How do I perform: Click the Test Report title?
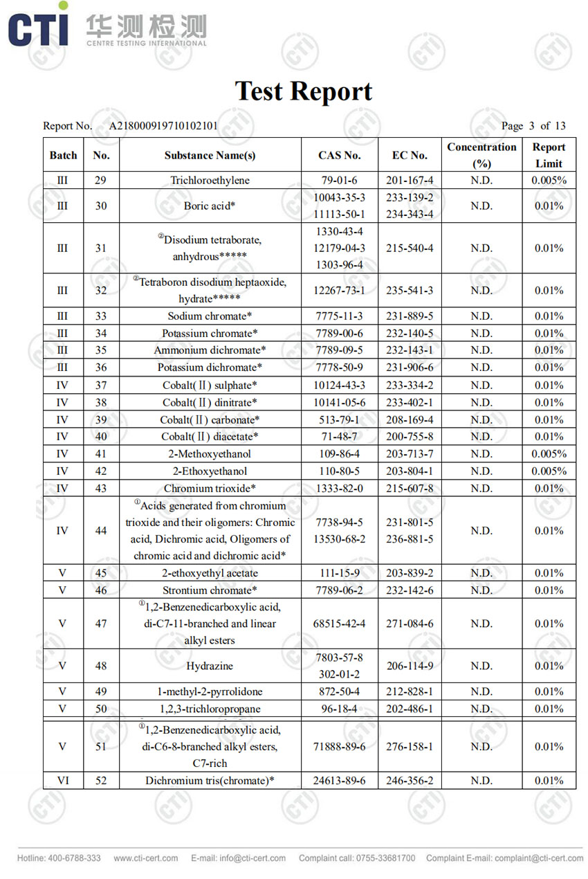tap(303, 91)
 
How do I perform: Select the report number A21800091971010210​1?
tap(163, 126)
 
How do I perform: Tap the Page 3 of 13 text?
tap(533, 126)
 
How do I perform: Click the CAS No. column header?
tap(339, 156)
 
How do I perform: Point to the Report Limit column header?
tap(549, 156)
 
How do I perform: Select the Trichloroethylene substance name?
tap(210, 181)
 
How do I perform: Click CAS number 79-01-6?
tap(339, 181)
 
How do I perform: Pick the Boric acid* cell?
tap(210, 206)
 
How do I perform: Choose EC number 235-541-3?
tap(410, 291)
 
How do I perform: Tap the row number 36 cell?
tap(101, 368)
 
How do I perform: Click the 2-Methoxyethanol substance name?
tap(210, 454)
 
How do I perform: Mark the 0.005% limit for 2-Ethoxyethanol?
tap(549, 471)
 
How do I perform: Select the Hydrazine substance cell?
tap(210, 667)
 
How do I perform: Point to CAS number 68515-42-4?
tap(339, 624)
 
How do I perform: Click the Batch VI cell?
tap(63, 781)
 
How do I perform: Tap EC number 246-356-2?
tap(410, 781)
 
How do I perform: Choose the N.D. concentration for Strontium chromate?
tap(481, 590)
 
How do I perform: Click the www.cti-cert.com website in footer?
tap(146, 858)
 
